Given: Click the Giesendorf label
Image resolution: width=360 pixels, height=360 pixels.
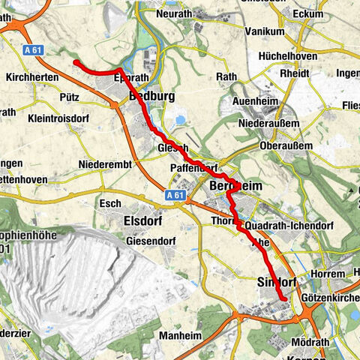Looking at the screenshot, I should [x=155, y=241].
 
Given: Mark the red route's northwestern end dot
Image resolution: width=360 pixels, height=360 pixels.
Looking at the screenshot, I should [x=76, y=63].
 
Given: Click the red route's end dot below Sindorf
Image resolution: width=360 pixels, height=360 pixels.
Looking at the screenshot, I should [x=284, y=299].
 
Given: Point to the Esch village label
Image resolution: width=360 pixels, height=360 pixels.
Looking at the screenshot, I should [x=109, y=203].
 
